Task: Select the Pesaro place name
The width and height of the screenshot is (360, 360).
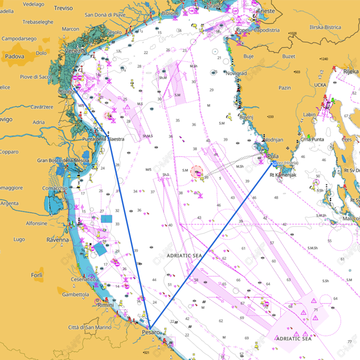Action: [150, 332]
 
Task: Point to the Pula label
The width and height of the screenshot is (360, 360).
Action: [273, 156]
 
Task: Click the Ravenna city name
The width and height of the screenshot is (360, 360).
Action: [58, 240]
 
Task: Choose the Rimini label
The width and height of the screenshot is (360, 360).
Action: [105, 305]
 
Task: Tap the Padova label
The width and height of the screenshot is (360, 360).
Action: [15, 56]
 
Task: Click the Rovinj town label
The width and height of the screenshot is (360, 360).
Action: [246, 117]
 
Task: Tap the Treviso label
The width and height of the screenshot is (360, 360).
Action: [63, 8]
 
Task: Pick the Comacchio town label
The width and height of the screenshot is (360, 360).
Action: [55, 188]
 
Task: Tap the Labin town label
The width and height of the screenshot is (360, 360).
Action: [309, 114]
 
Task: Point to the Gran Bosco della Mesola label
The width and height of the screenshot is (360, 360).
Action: [63, 160]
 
